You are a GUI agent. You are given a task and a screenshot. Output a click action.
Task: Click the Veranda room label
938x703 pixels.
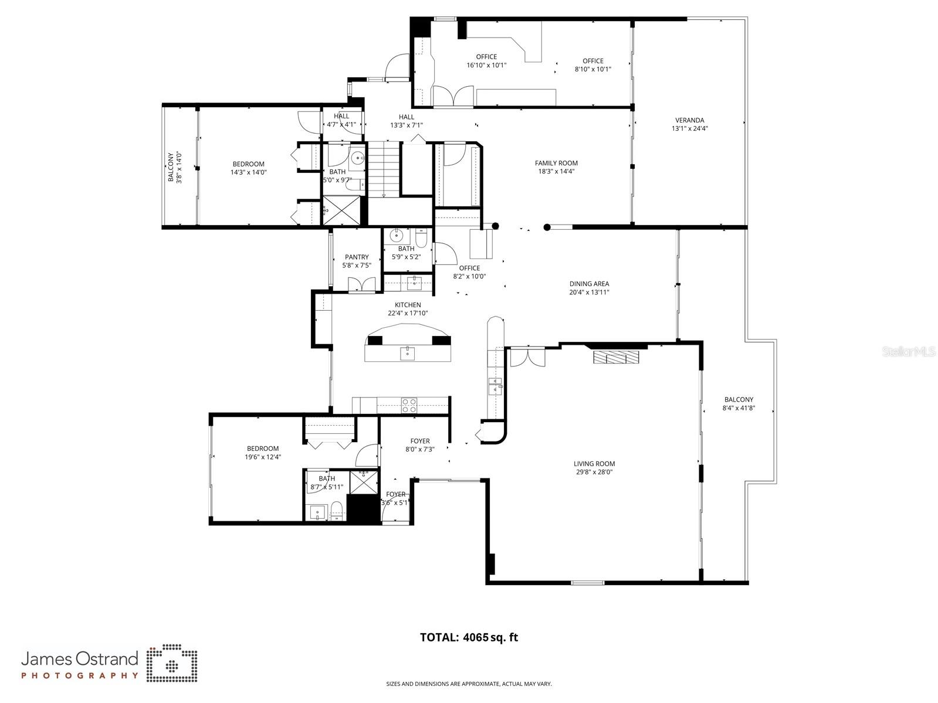click(689, 120)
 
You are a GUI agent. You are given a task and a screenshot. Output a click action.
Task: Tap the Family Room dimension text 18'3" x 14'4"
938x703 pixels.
click(556, 172)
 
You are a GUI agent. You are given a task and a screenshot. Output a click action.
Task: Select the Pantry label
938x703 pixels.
click(357, 257)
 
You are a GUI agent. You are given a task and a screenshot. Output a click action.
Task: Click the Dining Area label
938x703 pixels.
click(589, 284)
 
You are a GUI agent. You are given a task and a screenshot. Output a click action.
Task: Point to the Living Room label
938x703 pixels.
click(594, 464)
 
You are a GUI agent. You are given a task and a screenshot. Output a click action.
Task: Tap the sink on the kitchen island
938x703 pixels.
click(407, 353)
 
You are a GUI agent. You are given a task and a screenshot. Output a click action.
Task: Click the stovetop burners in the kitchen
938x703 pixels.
click(409, 405)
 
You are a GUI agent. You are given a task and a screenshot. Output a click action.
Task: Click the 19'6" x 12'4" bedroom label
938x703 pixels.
click(262, 453)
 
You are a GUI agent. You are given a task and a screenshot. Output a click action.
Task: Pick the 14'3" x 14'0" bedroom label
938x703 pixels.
click(248, 168)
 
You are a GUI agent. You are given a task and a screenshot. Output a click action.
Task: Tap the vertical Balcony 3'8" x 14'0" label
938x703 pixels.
click(175, 167)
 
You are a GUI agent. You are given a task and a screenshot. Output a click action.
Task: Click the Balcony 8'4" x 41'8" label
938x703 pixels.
click(738, 403)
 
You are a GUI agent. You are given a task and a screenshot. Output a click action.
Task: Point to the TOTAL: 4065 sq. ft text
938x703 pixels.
click(469, 637)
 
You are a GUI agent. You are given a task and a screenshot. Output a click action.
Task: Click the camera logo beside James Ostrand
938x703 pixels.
click(171, 664)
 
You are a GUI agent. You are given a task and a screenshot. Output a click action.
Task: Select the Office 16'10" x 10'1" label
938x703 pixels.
click(486, 61)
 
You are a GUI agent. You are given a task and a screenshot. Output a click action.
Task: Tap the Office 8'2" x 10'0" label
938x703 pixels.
click(469, 272)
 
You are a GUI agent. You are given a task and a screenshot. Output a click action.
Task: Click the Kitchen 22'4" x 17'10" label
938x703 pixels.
click(407, 309)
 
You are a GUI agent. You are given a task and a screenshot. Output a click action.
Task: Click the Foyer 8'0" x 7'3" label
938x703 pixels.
click(419, 445)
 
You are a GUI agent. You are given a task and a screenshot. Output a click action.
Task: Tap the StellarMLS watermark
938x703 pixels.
click(910, 352)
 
